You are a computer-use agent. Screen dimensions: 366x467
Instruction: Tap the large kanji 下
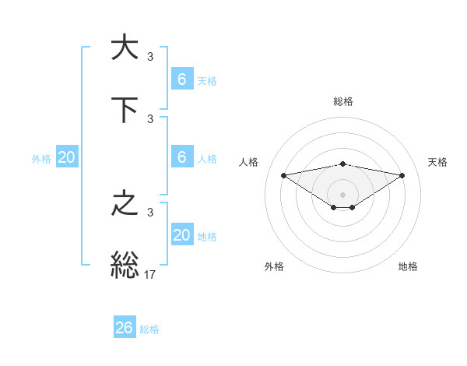coord(125,110)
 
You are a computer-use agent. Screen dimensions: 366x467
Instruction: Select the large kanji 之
coord(125,203)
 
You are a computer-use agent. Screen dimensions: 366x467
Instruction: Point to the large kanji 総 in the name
coord(125,266)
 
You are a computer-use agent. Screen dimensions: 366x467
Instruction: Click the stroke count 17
coord(150,273)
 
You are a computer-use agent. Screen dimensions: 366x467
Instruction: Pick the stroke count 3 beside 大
coord(150,56)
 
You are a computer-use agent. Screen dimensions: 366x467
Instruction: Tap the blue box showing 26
coord(125,328)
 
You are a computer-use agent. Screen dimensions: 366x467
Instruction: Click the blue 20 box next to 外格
coord(67,157)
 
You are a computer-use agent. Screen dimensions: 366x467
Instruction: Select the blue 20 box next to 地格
coord(182,235)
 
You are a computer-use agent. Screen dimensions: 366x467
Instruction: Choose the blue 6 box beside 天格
coord(182,79)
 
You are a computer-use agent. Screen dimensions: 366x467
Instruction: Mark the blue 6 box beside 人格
coord(182,157)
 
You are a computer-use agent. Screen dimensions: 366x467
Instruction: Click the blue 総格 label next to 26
coord(150,329)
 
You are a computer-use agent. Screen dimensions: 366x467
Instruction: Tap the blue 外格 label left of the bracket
coord(41,158)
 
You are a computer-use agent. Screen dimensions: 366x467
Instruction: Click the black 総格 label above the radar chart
coord(343,101)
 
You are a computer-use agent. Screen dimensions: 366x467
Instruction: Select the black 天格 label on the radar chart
coord(438,162)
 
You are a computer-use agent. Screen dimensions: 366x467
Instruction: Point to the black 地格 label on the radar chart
coord(408,266)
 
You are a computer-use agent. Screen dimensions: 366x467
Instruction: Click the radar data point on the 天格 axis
coord(402,175)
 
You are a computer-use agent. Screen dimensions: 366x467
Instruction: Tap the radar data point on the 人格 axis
coord(283,174)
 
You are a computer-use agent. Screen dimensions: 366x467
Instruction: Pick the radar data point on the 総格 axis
coord(343,164)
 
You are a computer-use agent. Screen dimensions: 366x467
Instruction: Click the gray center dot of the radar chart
coord(343,194)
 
